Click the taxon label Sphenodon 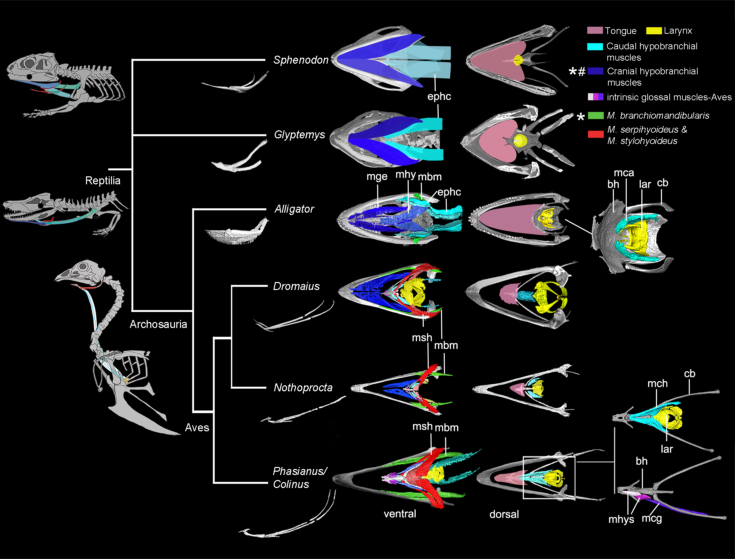coord(301,60)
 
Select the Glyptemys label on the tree coord(299,135)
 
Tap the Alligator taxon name coord(294,209)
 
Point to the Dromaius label coord(296,286)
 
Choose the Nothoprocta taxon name coord(303,388)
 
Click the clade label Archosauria coord(158,324)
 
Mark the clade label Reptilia coord(103,181)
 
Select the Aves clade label coord(197,427)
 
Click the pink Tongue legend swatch coord(595,30)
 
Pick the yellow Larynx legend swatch coord(654,31)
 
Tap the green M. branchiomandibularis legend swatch coord(596,116)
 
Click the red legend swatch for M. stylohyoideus coord(596,134)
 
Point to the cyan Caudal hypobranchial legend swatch coord(595,47)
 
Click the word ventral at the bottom coord(400,514)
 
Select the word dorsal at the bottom coord(504,514)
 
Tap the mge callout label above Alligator coord(377,177)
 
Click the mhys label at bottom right coord(621,519)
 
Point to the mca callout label coord(624,173)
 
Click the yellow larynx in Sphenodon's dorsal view coord(518,60)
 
